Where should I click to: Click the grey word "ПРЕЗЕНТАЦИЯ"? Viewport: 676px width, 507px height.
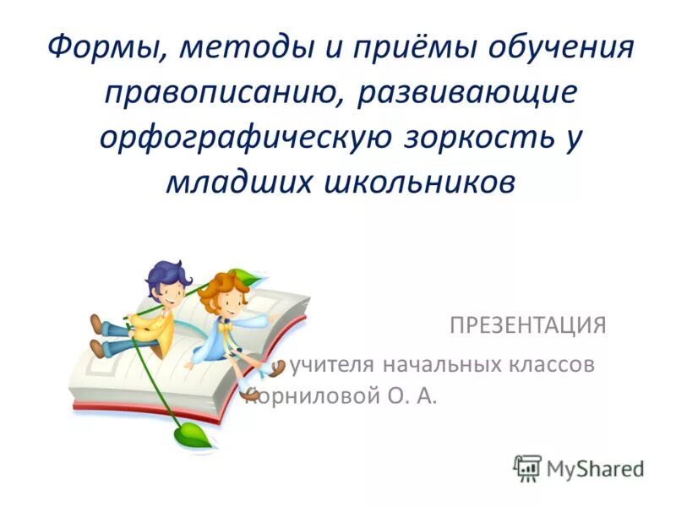(x=527, y=325)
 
